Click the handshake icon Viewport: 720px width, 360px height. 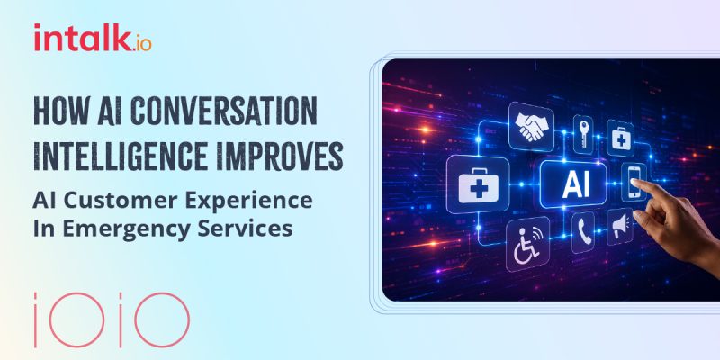(x=531, y=127)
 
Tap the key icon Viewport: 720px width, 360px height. (x=583, y=133)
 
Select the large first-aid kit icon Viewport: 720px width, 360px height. (x=478, y=184)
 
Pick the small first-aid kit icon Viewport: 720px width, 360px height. (x=621, y=138)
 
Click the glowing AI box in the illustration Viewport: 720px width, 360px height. (x=573, y=184)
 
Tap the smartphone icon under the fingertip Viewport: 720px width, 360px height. (x=634, y=182)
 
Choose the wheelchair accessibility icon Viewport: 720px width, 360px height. (x=527, y=245)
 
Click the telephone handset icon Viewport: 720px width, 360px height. (x=583, y=232)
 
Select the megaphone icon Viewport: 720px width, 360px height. (x=620, y=227)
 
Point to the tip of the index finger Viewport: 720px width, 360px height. (x=633, y=181)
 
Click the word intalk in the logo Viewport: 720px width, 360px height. (x=82, y=38)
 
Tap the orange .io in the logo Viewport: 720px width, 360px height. (x=141, y=43)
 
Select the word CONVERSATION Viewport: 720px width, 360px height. (x=223, y=112)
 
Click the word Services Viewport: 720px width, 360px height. (x=245, y=229)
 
